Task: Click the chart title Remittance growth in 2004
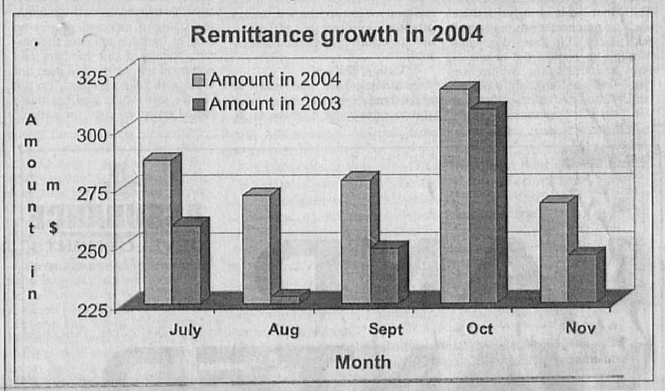pyautogui.click(x=336, y=34)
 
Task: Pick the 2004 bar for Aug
pyautogui.click(x=256, y=248)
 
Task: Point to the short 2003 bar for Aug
pyautogui.click(x=285, y=299)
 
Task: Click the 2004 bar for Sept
pyautogui.click(x=355, y=240)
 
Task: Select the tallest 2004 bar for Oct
pyautogui.click(x=454, y=195)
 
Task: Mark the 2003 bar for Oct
pyautogui.click(x=482, y=205)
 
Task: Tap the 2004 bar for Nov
pyautogui.click(x=553, y=251)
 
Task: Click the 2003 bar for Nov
pyautogui.click(x=581, y=278)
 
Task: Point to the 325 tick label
pyautogui.click(x=95, y=76)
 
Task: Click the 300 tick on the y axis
pyautogui.click(x=95, y=134)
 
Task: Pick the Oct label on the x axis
pyautogui.click(x=480, y=330)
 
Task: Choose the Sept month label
pyautogui.click(x=386, y=330)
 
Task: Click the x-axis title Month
pyautogui.click(x=362, y=363)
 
